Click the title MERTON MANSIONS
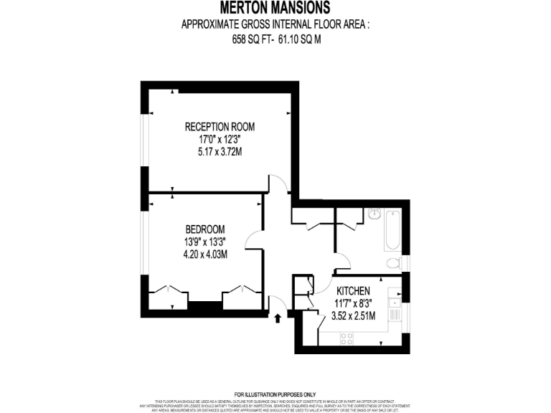point(275,9)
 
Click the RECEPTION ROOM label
point(220,127)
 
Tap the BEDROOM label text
point(205,229)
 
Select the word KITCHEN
point(353,291)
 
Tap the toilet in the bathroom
point(393,262)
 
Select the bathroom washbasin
point(374,214)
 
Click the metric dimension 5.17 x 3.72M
point(220,152)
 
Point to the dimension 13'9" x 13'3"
point(205,242)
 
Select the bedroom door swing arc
point(253,239)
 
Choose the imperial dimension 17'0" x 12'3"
point(220,140)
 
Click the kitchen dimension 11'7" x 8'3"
point(353,303)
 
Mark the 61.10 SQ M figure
point(300,40)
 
